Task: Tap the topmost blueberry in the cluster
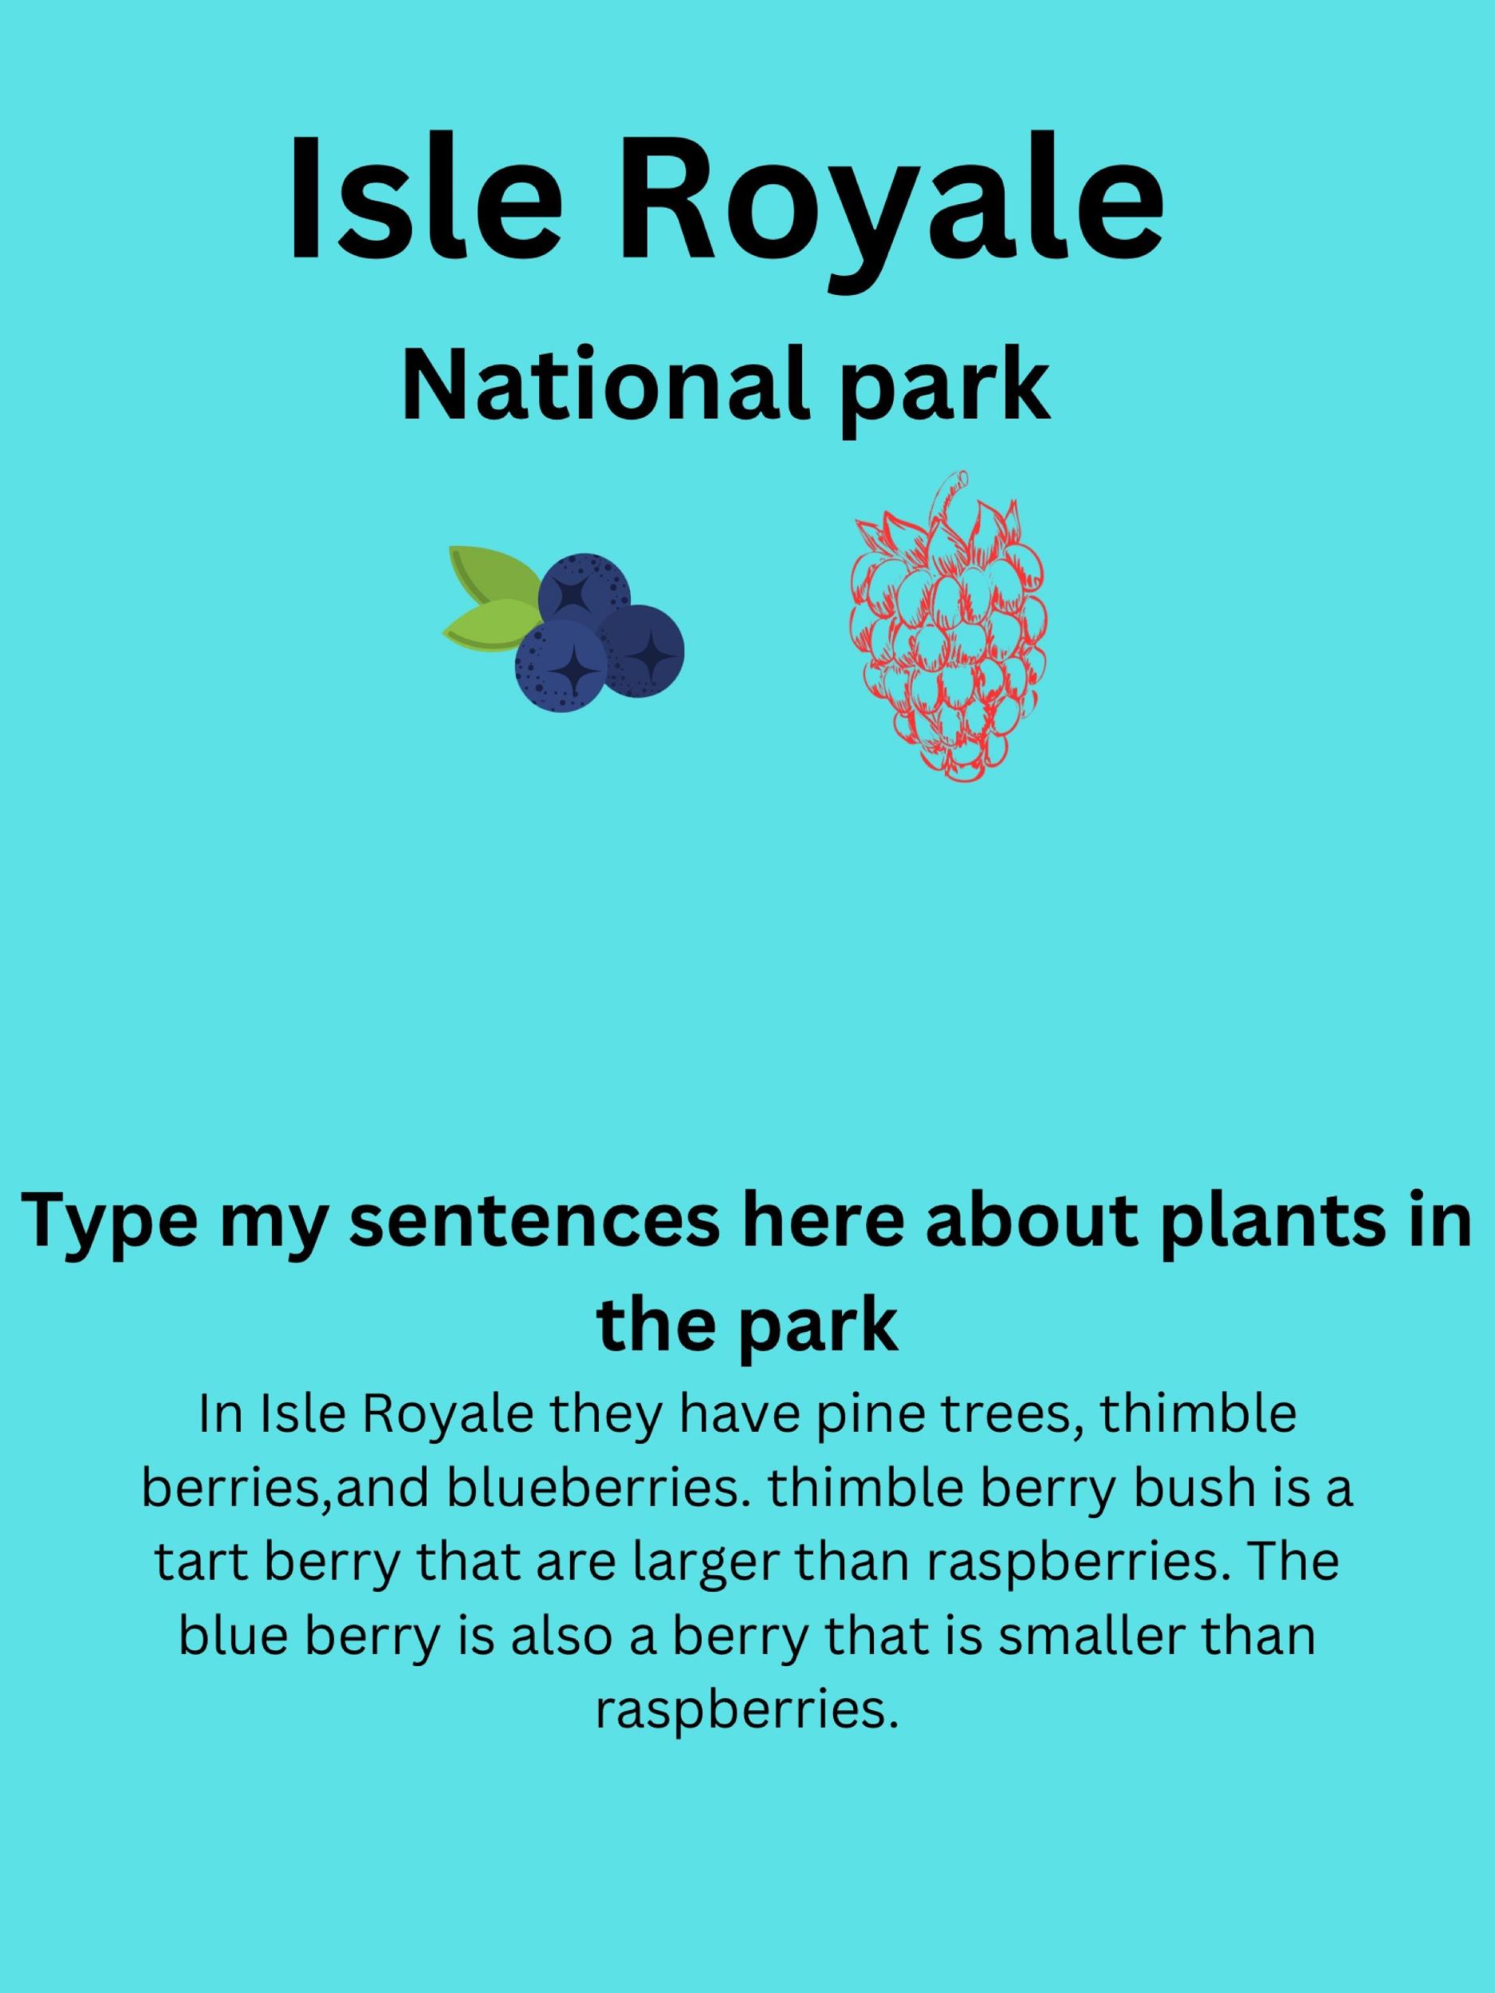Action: (x=584, y=595)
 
